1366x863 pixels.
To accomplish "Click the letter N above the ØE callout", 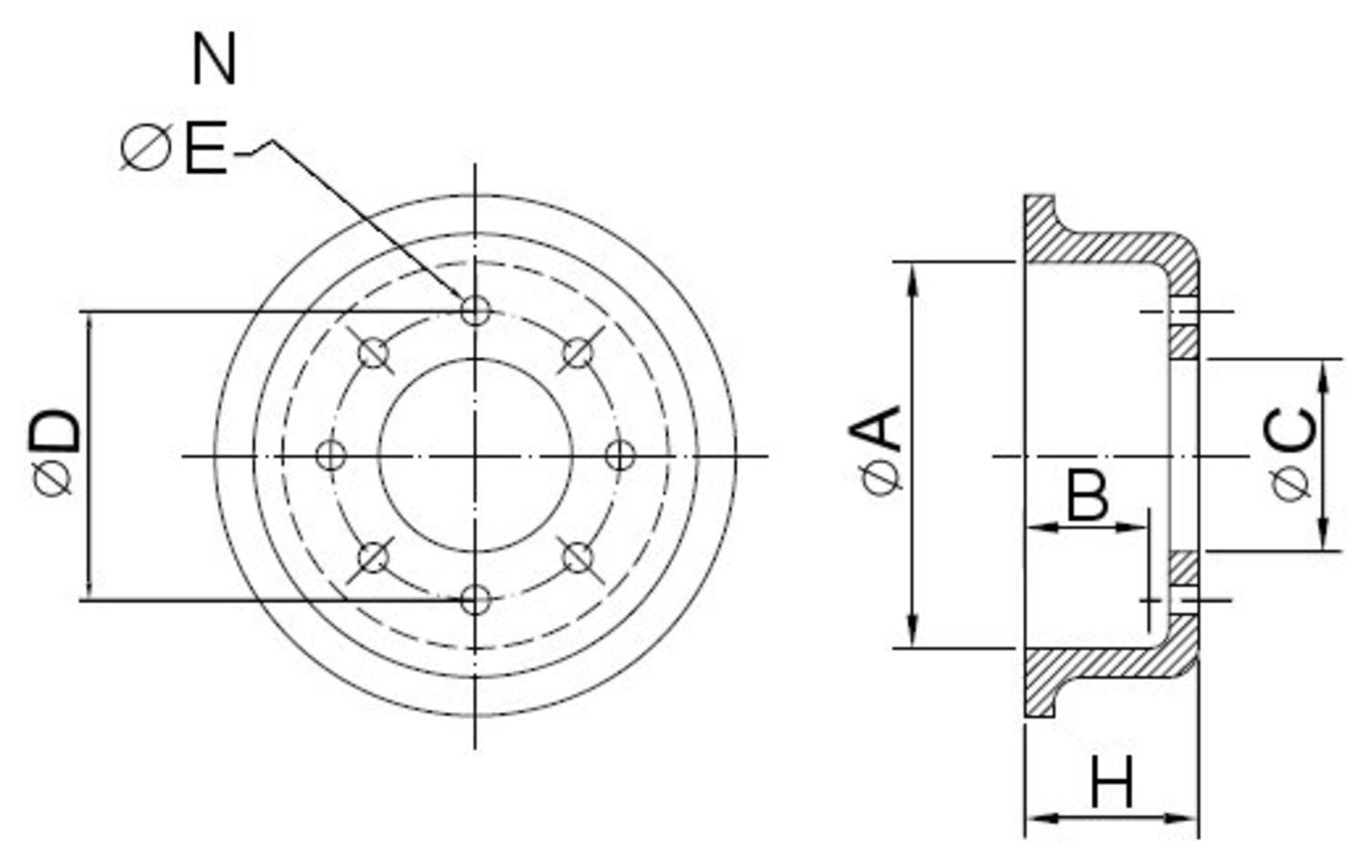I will [x=215, y=60].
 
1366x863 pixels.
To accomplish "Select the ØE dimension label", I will [x=175, y=149].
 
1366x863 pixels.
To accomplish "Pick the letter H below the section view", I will [x=1112, y=783].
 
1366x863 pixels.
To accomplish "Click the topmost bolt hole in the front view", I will [x=475, y=310].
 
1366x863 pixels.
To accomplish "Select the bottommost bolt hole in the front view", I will [x=475, y=600].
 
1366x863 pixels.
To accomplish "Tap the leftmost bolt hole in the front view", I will [x=331, y=454].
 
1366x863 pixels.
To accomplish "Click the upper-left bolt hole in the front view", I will [x=373, y=352].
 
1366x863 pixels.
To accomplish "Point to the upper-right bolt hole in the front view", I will [x=577, y=352].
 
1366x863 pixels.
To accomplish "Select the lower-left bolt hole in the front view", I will [x=373, y=557].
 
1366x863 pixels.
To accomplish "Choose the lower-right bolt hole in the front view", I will [x=577, y=557].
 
